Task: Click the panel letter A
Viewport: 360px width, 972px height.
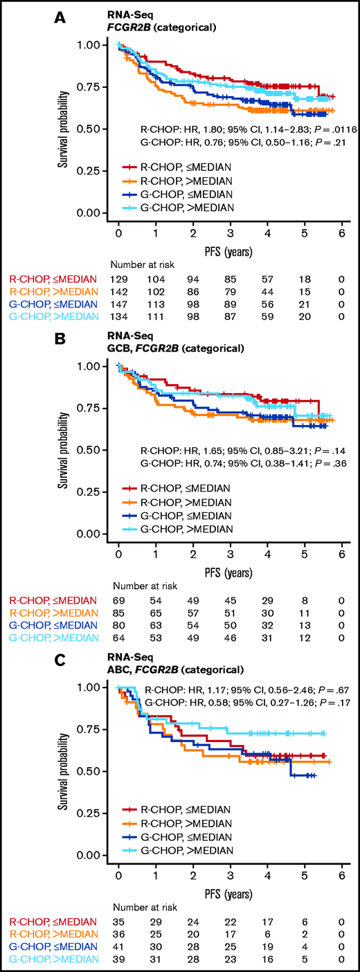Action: [x=62, y=15]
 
